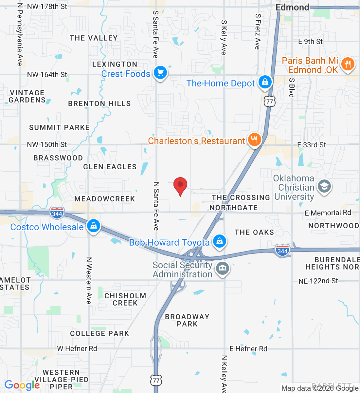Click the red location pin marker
(x=180, y=185)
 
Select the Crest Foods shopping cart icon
(x=160, y=73)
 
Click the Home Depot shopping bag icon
(x=265, y=82)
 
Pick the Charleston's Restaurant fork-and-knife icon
(x=254, y=140)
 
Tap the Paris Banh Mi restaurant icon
(x=348, y=64)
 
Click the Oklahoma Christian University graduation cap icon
(x=324, y=187)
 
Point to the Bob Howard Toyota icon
(x=219, y=241)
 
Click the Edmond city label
(x=292, y=7)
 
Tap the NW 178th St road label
(x=47, y=7)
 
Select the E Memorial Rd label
(x=328, y=213)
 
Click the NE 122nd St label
(x=318, y=281)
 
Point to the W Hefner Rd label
(x=77, y=348)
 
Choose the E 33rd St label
(x=311, y=145)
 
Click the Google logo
(x=22, y=385)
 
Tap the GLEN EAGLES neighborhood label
(x=110, y=167)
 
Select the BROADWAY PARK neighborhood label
(x=187, y=320)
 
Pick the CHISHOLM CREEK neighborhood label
(x=125, y=299)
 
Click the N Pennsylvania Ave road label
(x=20, y=34)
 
